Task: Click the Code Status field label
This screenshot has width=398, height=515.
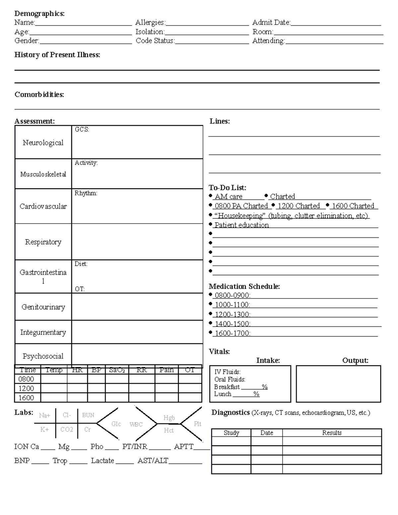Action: (155, 41)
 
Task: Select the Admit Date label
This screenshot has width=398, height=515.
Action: (271, 23)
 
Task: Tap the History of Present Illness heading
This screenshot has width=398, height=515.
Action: (57, 55)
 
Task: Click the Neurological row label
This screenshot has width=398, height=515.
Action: (43, 143)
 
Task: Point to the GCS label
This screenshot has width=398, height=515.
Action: (82, 130)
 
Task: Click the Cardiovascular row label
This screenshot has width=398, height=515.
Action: (43, 206)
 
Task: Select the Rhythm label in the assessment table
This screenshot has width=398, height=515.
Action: (86, 193)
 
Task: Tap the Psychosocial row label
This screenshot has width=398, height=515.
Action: (43, 356)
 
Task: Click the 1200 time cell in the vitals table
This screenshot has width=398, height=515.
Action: (26, 388)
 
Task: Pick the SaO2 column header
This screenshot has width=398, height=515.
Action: (117, 370)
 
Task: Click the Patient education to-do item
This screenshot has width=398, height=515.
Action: (241, 225)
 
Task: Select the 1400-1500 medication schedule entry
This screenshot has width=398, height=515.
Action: (232, 324)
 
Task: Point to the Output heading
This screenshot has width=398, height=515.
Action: (355, 360)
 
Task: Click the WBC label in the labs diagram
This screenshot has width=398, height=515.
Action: (136, 424)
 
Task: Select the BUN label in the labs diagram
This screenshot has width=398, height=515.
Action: (88, 415)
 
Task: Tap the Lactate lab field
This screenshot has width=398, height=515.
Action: (102, 461)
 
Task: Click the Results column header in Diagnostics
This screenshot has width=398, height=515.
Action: (332, 433)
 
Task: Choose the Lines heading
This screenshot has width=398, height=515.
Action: (220, 121)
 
